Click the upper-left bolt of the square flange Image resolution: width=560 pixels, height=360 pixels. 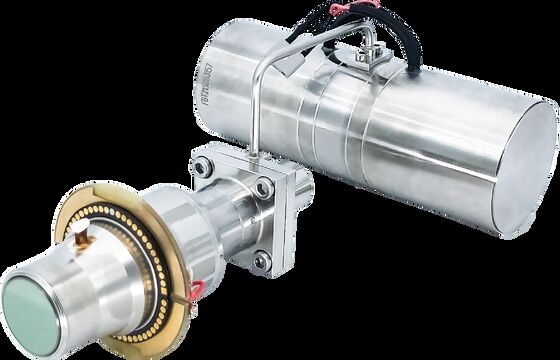click(201, 168)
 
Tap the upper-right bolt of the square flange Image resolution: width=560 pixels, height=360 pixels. click(262, 186)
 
